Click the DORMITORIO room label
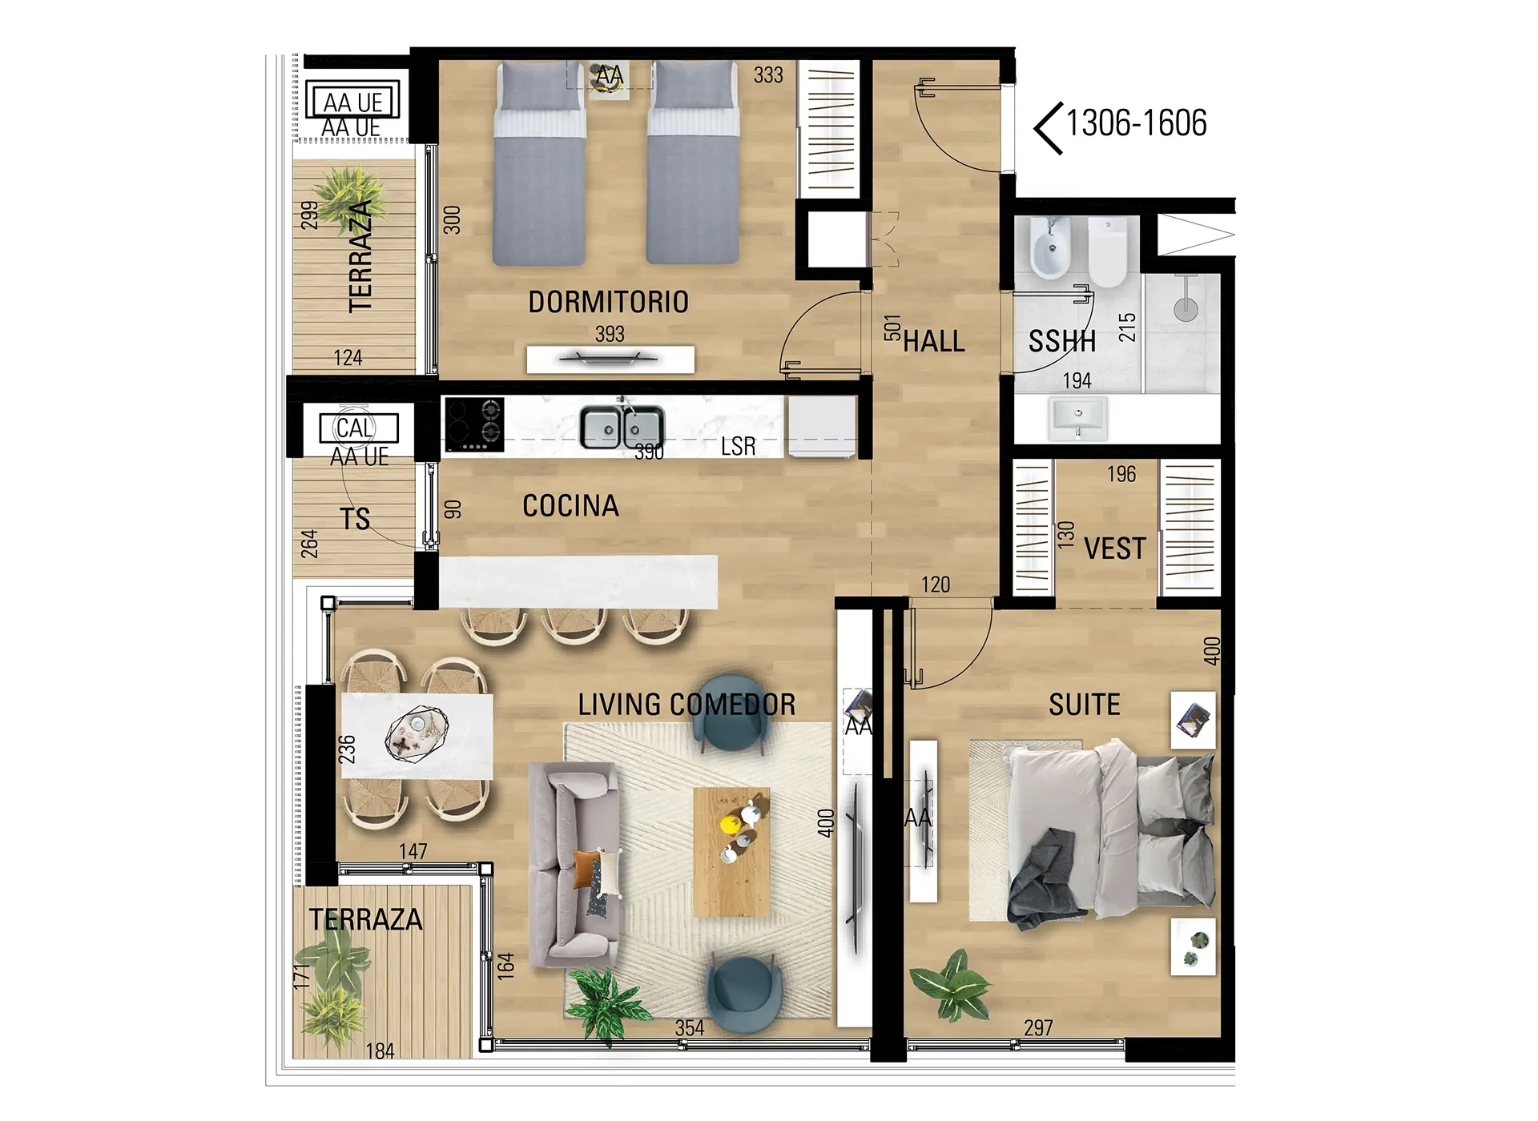(608, 302)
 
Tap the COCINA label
(570, 506)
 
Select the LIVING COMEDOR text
(686, 705)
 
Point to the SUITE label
(1085, 705)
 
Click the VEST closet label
(1114, 548)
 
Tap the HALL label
(934, 341)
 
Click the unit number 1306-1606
(1136, 123)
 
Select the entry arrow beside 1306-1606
(1048, 128)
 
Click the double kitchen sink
(622, 427)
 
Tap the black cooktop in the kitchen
(474, 424)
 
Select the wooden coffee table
(731, 851)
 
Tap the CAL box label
(355, 428)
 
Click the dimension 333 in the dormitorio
(768, 75)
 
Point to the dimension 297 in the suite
(1038, 1027)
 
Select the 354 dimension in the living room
(690, 1027)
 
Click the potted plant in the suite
(952, 985)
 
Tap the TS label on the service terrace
(355, 519)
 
